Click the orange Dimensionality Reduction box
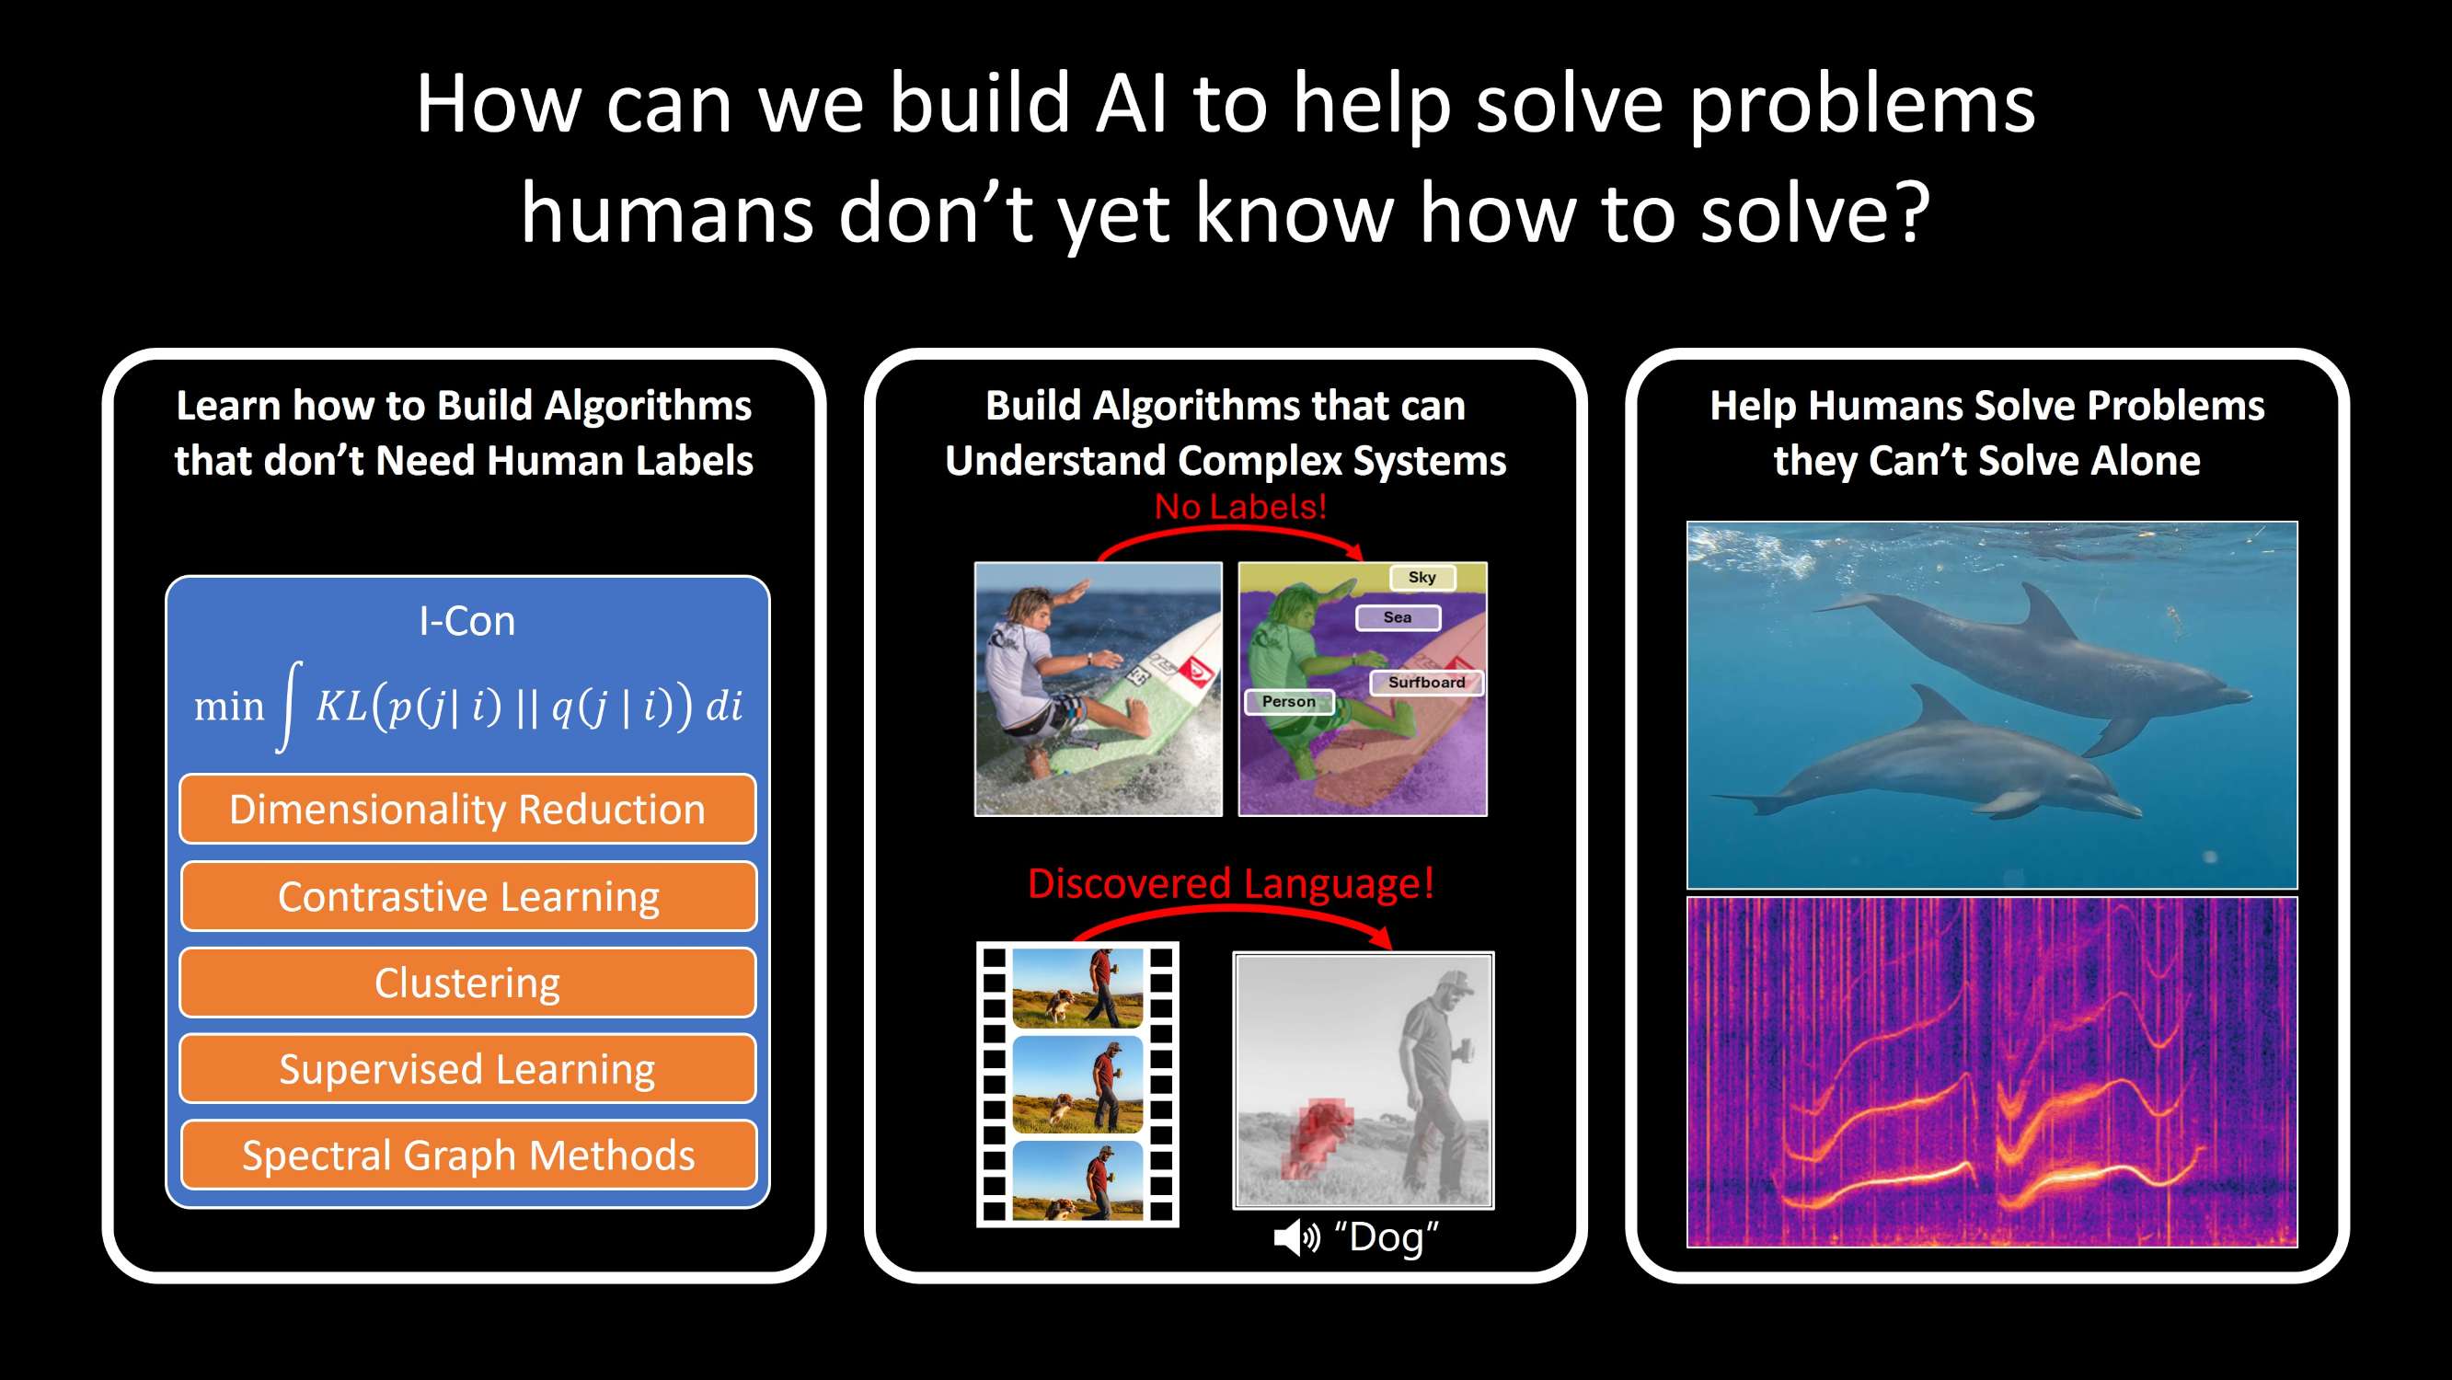[x=467, y=809]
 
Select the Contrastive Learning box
[x=468, y=895]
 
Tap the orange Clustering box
[x=467, y=983]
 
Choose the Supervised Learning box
[x=467, y=1069]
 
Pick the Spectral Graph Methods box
[x=468, y=1156]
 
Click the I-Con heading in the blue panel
[x=467, y=622]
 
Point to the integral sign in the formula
[x=290, y=707]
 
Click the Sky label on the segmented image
[x=1422, y=577]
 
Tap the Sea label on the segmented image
[x=1398, y=616]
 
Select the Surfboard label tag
[x=1426, y=683]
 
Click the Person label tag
[x=1289, y=701]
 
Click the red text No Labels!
[x=1240, y=506]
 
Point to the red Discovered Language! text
[x=1231, y=883]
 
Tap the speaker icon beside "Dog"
[x=1296, y=1237]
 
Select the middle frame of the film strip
[x=1077, y=1084]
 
